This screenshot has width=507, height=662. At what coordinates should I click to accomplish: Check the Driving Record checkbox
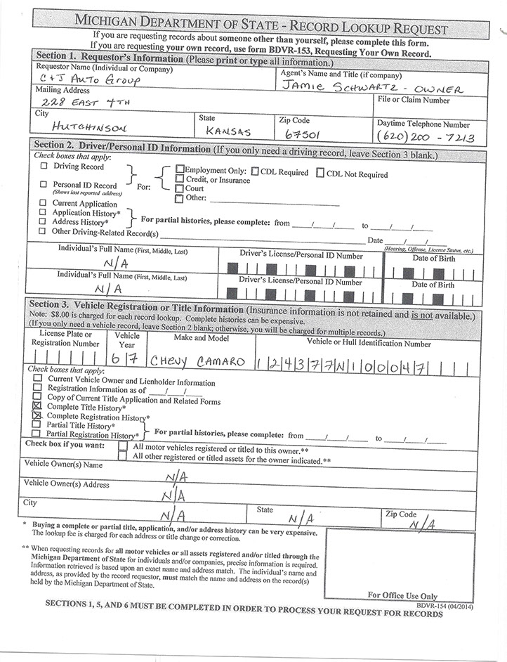[x=45, y=167]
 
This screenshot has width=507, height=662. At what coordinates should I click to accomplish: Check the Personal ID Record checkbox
[x=45, y=184]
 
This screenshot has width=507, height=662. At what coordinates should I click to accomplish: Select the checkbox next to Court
[x=180, y=188]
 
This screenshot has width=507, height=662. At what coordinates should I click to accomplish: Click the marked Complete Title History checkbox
[x=38, y=406]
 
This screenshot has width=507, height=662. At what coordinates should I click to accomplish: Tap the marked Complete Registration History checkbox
[x=38, y=416]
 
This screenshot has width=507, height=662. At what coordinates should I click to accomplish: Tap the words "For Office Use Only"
[x=402, y=595]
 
